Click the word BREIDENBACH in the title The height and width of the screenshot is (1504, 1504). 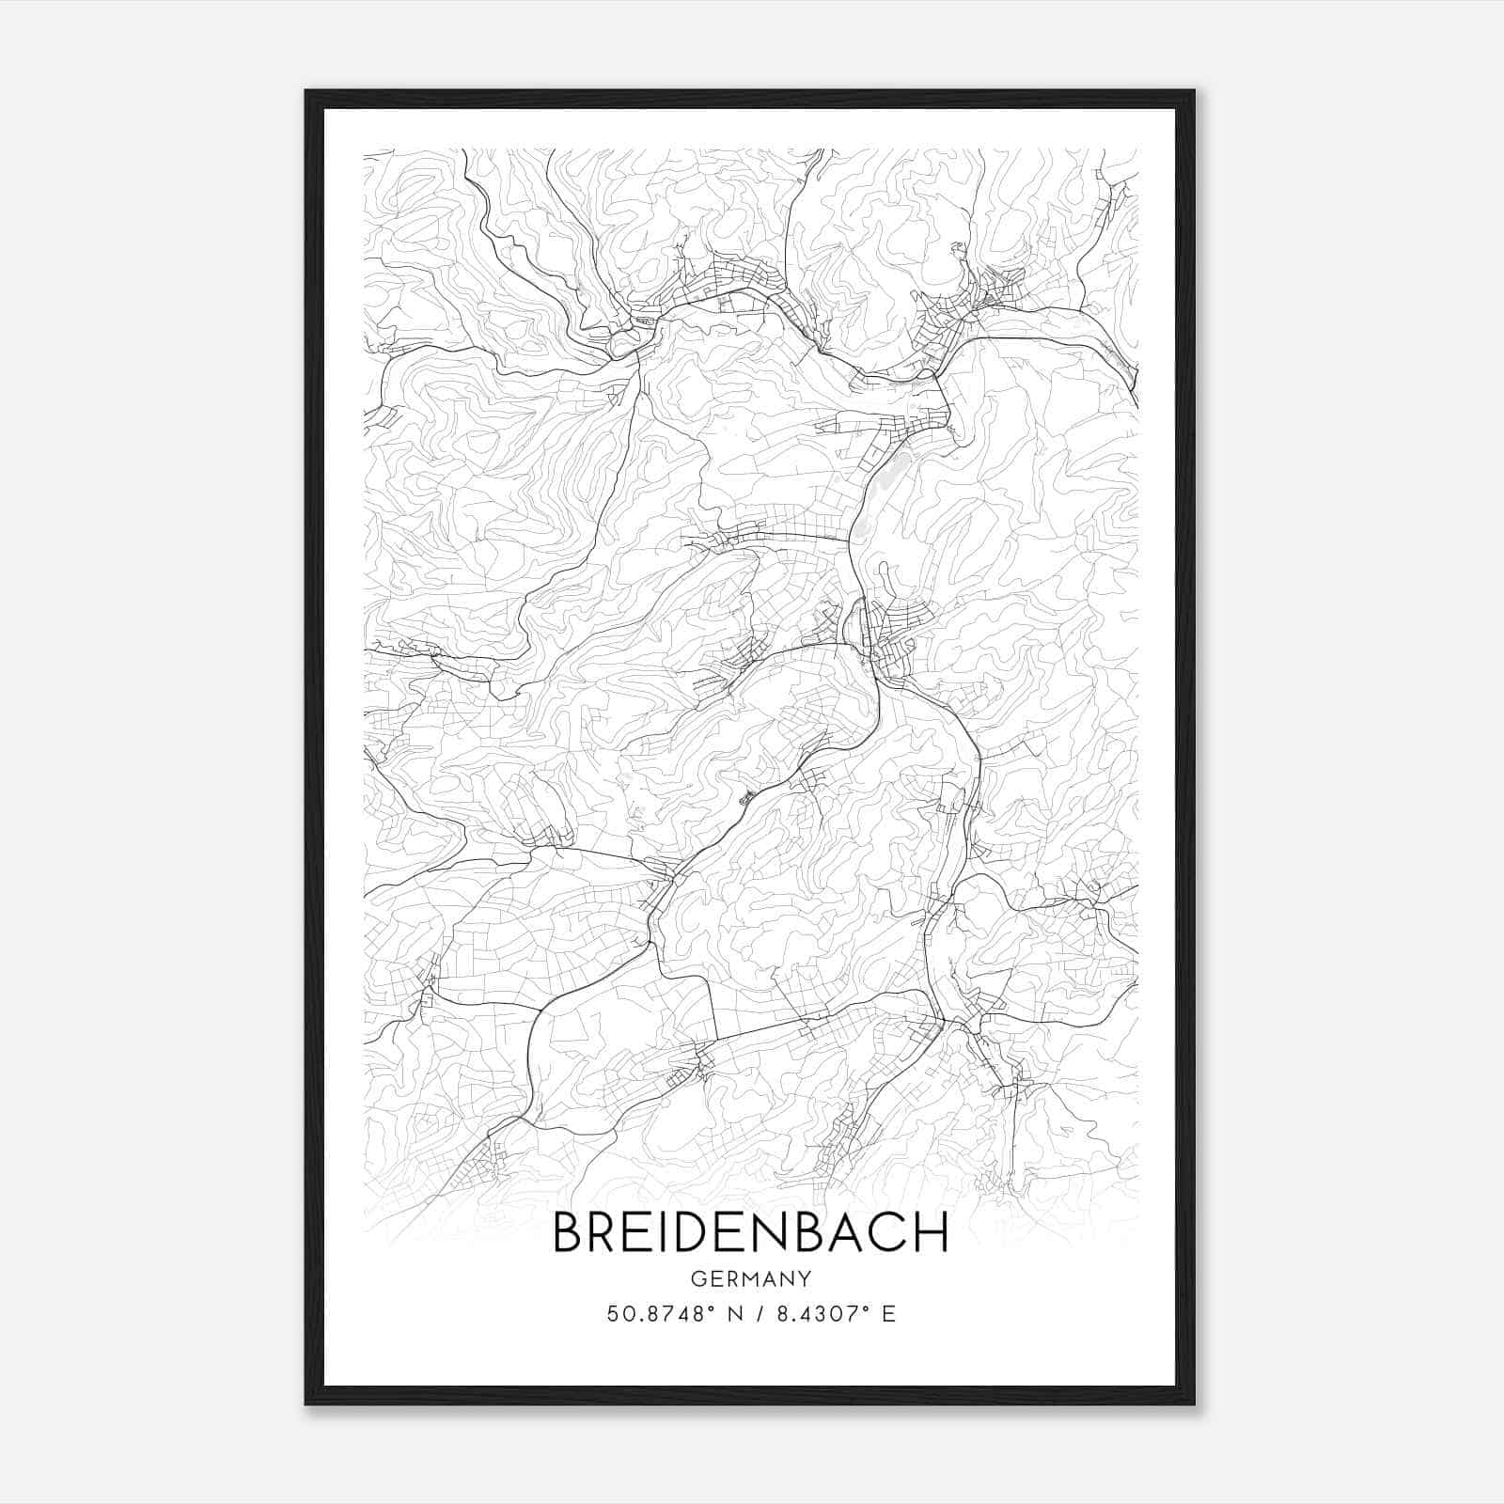[750, 1232]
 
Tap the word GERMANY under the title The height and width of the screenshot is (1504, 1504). [750, 1278]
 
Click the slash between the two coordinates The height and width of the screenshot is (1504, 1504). [760, 1314]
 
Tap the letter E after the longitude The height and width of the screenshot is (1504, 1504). [888, 1314]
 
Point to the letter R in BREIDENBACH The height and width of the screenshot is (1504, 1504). [606, 1232]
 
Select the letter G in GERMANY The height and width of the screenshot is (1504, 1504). [697, 1278]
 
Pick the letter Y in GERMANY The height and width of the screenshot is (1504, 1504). [805, 1278]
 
